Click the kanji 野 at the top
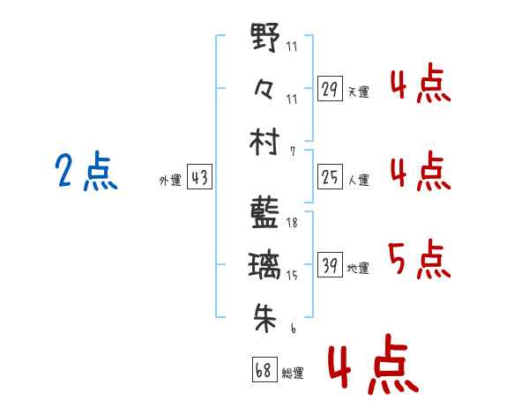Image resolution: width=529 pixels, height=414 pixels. (x=265, y=36)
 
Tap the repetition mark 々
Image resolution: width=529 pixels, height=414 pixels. (x=264, y=88)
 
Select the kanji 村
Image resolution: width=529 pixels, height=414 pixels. (x=264, y=141)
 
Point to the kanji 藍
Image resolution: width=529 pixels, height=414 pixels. (x=264, y=213)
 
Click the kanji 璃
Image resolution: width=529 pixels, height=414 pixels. (x=264, y=266)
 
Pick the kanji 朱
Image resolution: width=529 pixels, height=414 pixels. (x=265, y=318)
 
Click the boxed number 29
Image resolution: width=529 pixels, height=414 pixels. (x=330, y=88)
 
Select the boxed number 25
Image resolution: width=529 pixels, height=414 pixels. (x=330, y=176)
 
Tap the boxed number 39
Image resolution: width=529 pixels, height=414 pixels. (x=330, y=264)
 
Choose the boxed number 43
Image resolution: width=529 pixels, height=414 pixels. (x=199, y=176)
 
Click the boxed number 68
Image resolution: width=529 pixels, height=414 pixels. (x=264, y=369)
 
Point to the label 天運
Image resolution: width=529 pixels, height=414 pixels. (x=359, y=92)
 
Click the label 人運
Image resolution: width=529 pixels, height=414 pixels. (x=359, y=180)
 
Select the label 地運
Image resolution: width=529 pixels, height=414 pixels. (x=358, y=268)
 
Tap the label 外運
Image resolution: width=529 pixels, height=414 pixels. (x=170, y=180)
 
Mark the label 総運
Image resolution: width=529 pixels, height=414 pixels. (x=293, y=373)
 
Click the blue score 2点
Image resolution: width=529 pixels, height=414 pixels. (x=86, y=170)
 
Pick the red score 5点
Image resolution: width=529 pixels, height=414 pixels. (x=420, y=259)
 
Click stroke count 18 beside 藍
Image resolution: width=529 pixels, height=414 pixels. (x=292, y=223)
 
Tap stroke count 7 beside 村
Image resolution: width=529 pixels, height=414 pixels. (x=293, y=152)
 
